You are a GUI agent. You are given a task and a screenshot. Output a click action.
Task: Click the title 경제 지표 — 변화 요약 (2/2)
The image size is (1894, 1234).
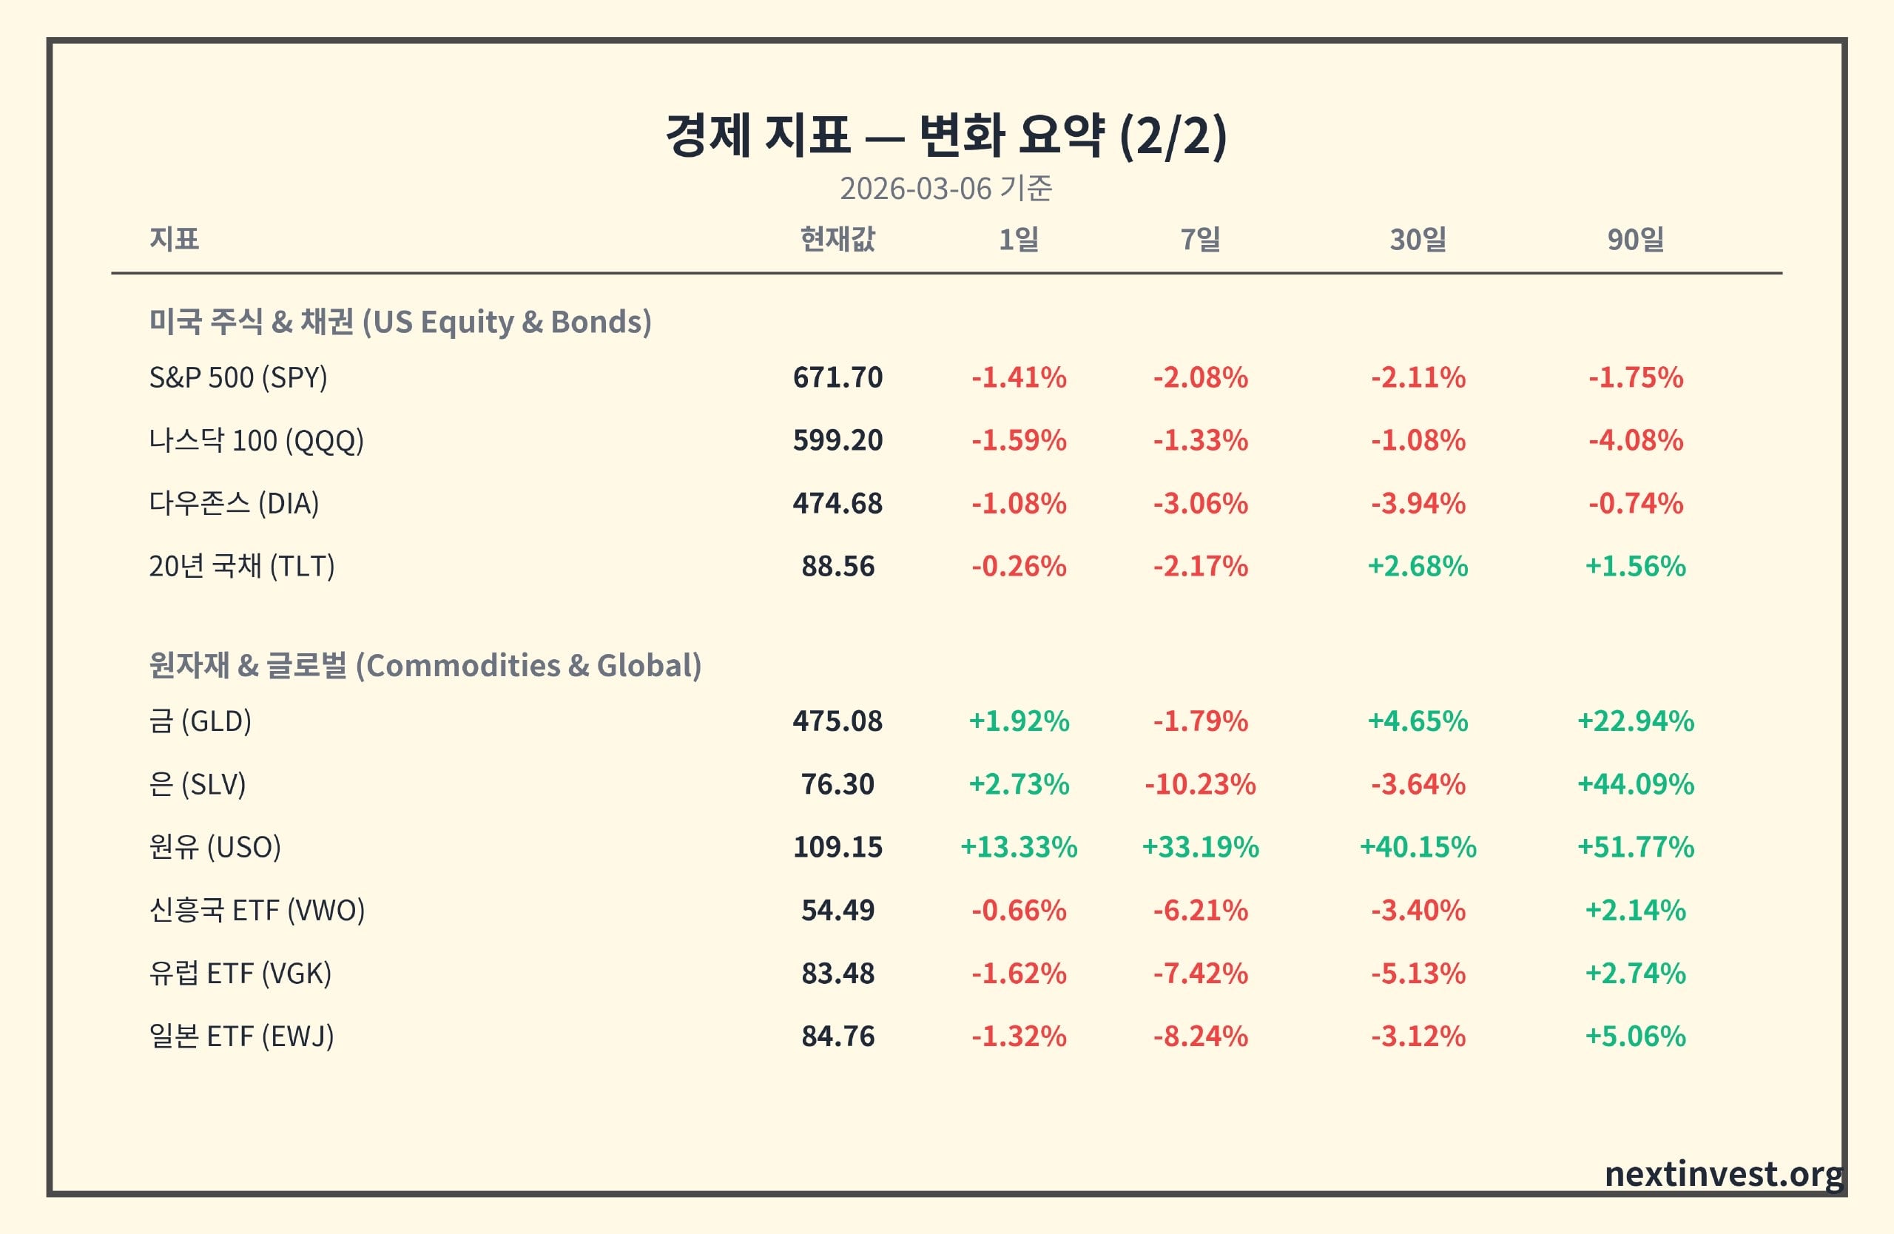tap(946, 135)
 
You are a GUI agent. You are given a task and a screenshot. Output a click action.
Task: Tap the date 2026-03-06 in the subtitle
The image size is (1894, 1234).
tap(915, 189)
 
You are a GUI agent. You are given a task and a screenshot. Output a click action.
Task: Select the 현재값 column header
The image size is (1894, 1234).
tap(838, 239)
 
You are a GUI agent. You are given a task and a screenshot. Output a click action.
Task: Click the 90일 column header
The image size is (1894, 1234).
tap(1635, 239)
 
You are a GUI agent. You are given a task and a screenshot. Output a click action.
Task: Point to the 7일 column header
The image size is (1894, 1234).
tap(1200, 239)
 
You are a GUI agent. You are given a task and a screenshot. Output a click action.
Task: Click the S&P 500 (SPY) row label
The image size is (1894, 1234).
tap(238, 377)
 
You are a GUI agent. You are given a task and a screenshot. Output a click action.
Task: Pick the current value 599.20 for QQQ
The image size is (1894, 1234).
tap(838, 440)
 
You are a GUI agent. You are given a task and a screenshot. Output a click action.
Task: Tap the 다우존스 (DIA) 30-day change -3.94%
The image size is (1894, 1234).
tap(1418, 503)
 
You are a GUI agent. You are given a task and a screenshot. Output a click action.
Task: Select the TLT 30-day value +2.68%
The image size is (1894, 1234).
tap(1418, 566)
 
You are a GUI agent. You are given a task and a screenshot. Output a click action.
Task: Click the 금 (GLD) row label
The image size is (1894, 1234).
tap(200, 721)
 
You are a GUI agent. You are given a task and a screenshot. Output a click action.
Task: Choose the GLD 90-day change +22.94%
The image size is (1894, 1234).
tap(1635, 721)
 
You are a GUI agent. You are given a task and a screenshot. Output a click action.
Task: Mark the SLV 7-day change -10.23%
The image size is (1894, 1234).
tap(1200, 783)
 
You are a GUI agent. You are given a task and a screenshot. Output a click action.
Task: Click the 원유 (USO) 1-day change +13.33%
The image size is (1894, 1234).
tap(1019, 846)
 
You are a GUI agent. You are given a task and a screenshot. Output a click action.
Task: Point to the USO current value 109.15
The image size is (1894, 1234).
tap(838, 846)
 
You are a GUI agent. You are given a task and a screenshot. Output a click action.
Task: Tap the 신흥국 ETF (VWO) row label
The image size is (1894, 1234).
tap(257, 909)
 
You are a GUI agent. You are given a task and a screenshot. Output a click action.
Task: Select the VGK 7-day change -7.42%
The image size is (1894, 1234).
tap(1200, 973)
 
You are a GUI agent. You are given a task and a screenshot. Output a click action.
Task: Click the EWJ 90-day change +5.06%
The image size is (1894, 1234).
tap(1635, 1036)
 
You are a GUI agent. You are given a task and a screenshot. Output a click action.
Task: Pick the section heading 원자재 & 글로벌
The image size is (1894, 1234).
tap(248, 665)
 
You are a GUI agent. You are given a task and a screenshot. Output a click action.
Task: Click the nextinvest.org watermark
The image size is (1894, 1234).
tap(1724, 1174)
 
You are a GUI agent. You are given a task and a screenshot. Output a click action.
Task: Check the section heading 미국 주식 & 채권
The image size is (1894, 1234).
tap(251, 321)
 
